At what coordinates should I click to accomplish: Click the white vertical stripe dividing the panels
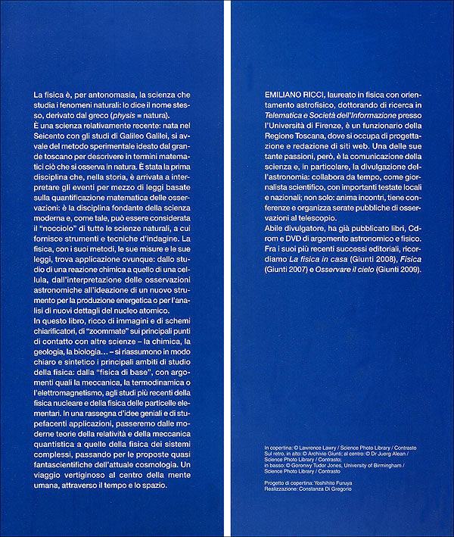pyautogui.click(x=228, y=268)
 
